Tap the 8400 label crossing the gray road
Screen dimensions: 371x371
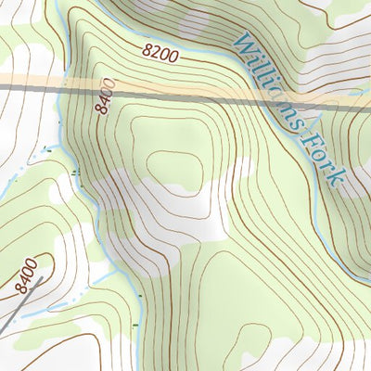tap(103, 96)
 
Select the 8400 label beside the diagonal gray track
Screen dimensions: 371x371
tap(28, 275)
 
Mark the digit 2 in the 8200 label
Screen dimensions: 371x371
tap(153, 52)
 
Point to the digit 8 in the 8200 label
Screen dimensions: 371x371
tap(145, 49)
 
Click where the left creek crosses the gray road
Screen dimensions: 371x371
tap(61, 86)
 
